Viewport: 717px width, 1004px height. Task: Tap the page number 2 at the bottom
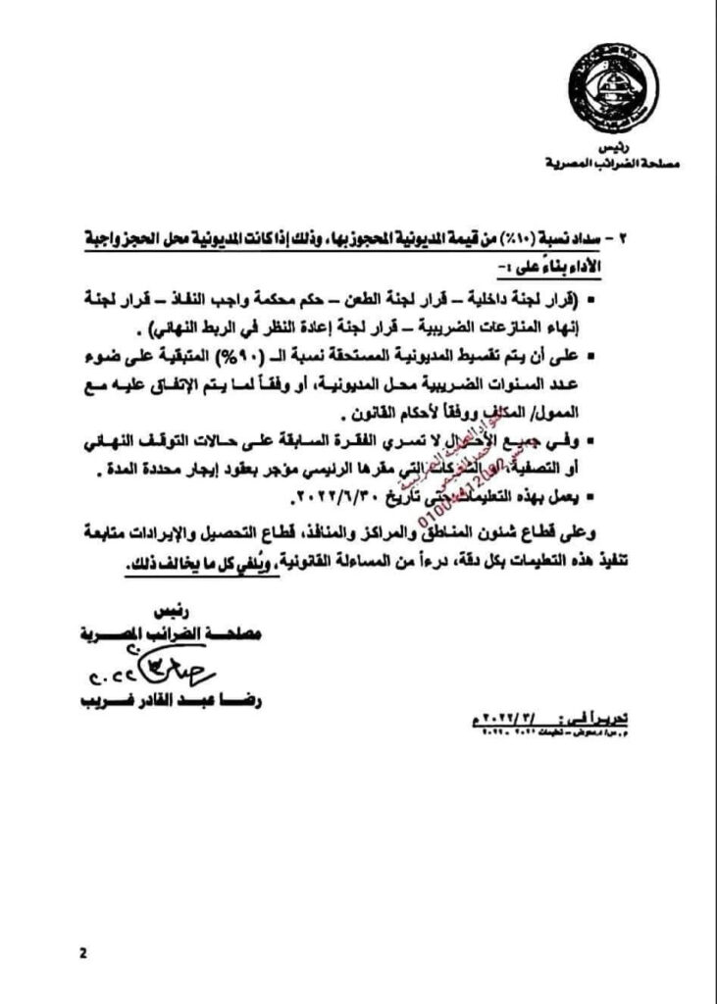pos(83,952)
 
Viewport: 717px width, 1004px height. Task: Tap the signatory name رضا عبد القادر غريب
pos(173,702)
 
